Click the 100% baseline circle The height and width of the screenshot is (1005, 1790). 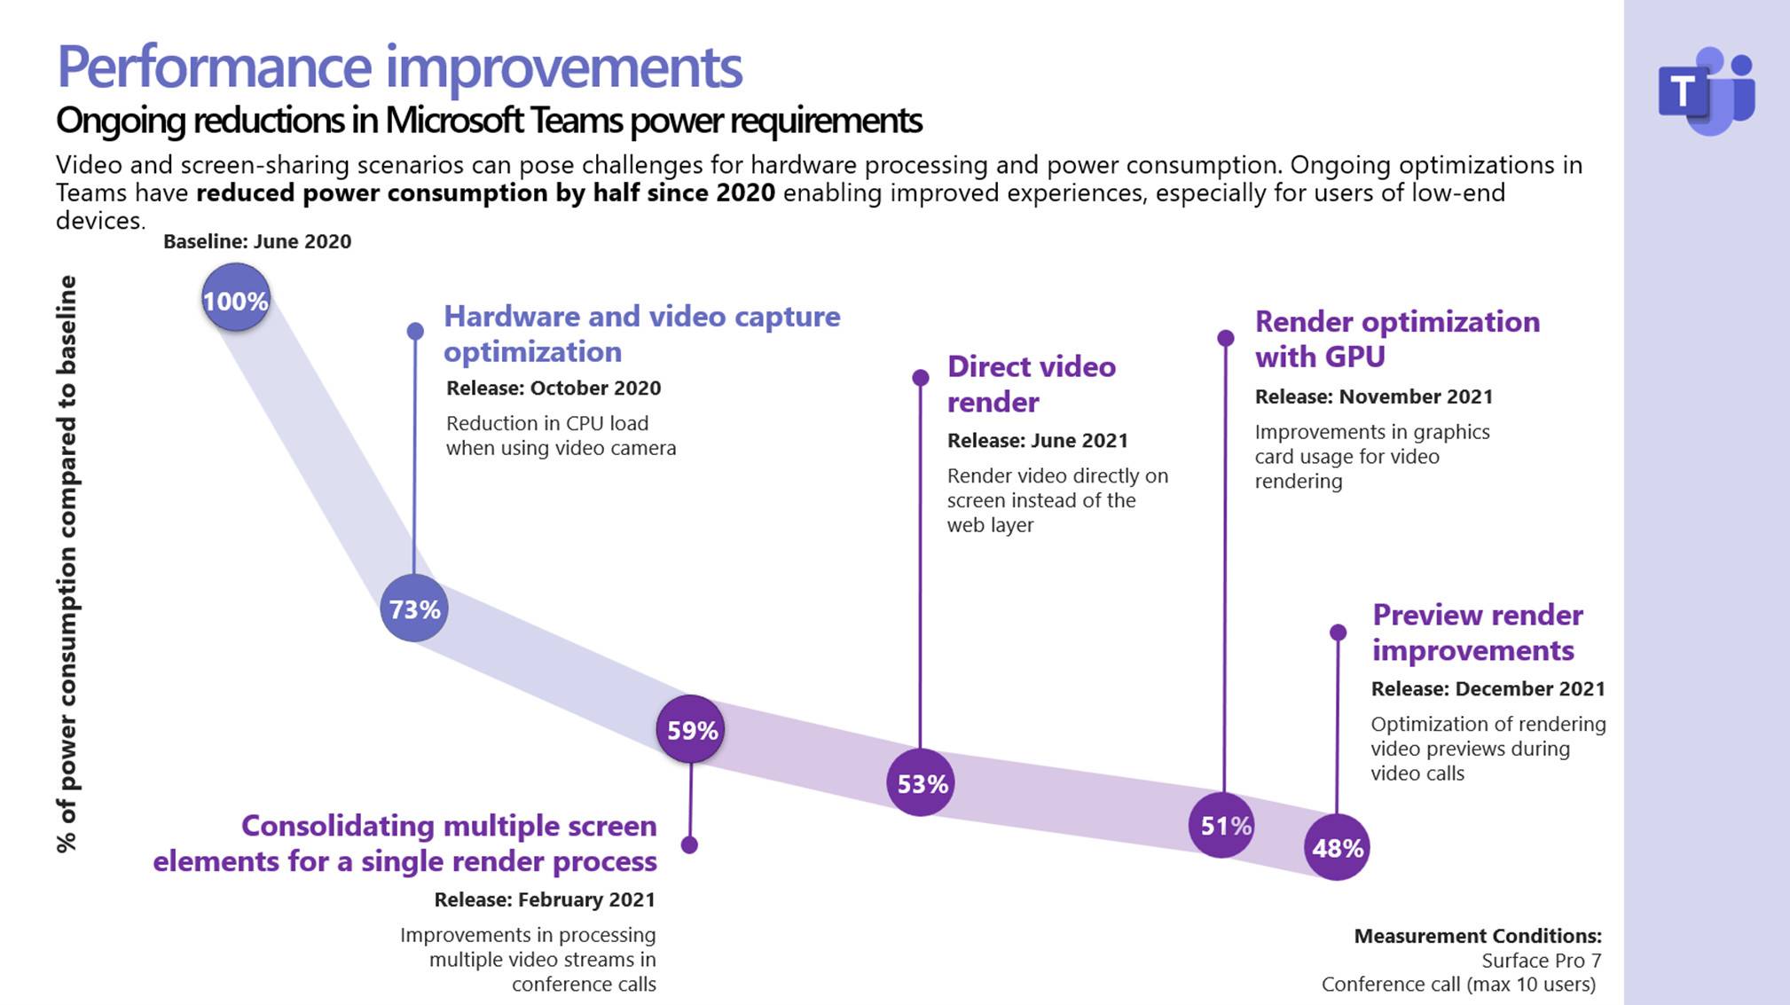(x=235, y=299)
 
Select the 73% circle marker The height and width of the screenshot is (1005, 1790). (x=414, y=608)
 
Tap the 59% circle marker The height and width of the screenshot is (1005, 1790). (x=691, y=729)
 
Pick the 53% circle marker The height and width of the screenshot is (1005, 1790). (x=921, y=783)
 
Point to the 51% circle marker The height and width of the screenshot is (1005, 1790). (x=1223, y=825)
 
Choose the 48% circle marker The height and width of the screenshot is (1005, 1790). (x=1337, y=848)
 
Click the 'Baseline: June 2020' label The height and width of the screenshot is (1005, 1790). (x=257, y=241)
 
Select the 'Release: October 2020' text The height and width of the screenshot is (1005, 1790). (x=553, y=388)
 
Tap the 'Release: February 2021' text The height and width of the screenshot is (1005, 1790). (x=545, y=899)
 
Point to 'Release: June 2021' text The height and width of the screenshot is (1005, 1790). (x=1038, y=440)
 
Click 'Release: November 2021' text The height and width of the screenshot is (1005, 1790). (x=1374, y=397)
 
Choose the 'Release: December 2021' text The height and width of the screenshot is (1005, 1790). (x=1488, y=688)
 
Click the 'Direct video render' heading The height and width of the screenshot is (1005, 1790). (x=1031, y=384)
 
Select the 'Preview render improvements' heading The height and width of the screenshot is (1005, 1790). (x=1477, y=632)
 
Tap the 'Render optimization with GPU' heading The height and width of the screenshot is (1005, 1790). (x=1397, y=339)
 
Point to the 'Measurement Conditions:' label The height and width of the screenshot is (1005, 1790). (x=1478, y=936)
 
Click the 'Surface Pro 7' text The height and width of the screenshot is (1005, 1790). (x=1542, y=961)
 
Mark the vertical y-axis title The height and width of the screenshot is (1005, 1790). (x=67, y=564)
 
